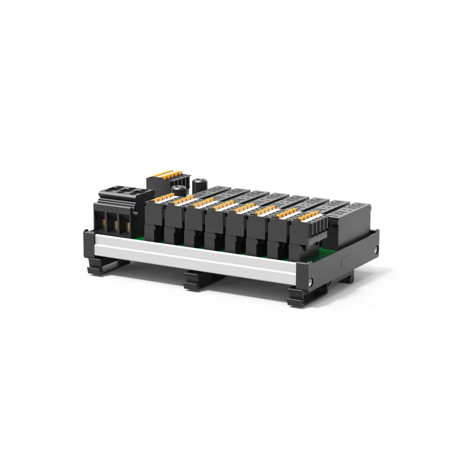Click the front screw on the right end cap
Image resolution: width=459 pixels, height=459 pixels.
pos(313,282)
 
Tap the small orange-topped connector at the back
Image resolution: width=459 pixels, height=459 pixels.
pos(168,176)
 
